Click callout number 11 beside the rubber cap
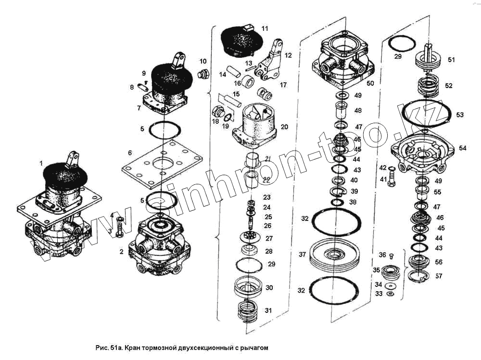[x=265, y=29]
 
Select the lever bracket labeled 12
[x=270, y=62]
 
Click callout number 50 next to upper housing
[x=370, y=83]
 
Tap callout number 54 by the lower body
[x=462, y=148]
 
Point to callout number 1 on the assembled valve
[x=41, y=163]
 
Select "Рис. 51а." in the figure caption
[x=110, y=347]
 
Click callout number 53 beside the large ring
[x=460, y=115]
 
